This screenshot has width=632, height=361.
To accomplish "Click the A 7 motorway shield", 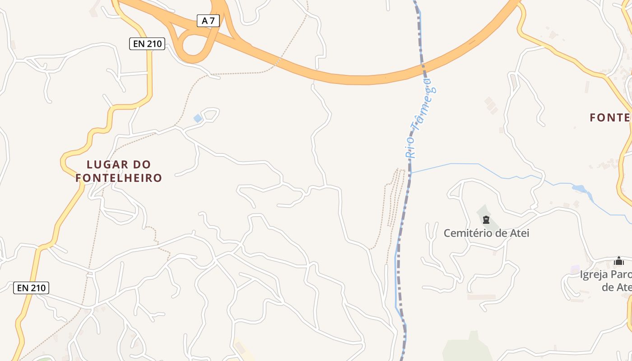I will (208, 20).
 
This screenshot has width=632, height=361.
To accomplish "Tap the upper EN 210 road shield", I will (147, 44).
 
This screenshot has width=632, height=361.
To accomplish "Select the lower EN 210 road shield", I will (31, 287).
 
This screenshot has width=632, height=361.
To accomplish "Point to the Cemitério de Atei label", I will (486, 233).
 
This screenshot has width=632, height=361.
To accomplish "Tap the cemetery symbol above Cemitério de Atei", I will (486, 220).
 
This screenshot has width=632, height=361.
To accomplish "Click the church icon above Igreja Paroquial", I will (618, 261).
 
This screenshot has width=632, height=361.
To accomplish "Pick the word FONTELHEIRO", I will (119, 178).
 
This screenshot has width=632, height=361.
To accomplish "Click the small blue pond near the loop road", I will (198, 118).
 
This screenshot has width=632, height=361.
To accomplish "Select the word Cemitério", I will (465, 233).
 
